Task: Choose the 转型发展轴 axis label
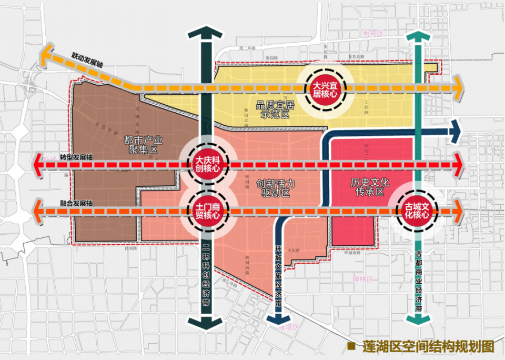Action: (x=76, y=157)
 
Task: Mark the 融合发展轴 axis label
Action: (x=76, y=203)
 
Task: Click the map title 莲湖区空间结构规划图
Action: (x=429, y=347)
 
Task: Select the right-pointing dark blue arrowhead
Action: (x=454, y=131)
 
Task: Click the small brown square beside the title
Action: (x=351, y=347)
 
